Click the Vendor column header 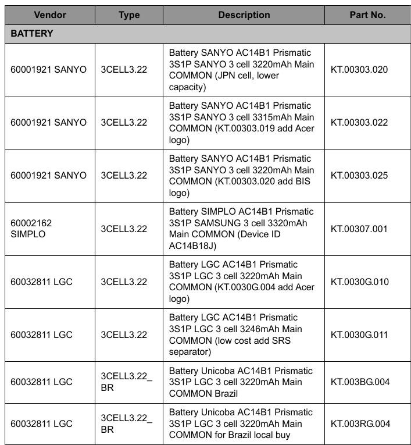(50, 15)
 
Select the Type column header (129, 15)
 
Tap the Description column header (244, 15)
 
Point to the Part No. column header (367, 15)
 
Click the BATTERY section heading (32, 34)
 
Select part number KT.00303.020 (359, 70)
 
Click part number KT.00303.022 (359, 123)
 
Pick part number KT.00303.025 (359, 176)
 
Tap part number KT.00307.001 (359, 229)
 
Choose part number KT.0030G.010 (359, 282)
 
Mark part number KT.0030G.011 (359, 335)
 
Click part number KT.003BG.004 (360, 382)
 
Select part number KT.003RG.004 (360, 423)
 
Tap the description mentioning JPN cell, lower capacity (241, 70)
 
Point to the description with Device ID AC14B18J (241, 229)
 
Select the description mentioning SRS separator (241, 335)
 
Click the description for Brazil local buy (241, 423)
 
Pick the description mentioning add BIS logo (241, 176)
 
